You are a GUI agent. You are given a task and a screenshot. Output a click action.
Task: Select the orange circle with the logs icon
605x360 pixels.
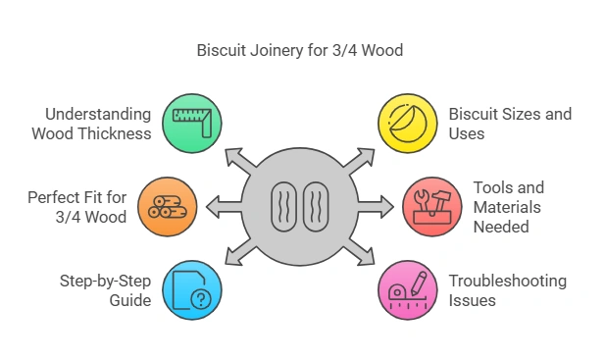[166, 206]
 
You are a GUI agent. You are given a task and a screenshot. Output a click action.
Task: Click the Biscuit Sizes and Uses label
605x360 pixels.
[511, 125]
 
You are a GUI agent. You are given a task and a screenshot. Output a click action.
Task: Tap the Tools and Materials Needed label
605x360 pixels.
[508, 206]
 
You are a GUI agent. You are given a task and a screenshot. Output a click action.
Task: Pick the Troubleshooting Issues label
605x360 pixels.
[508, 290]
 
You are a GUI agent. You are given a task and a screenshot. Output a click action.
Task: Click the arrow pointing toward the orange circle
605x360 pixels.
[218, 207]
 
